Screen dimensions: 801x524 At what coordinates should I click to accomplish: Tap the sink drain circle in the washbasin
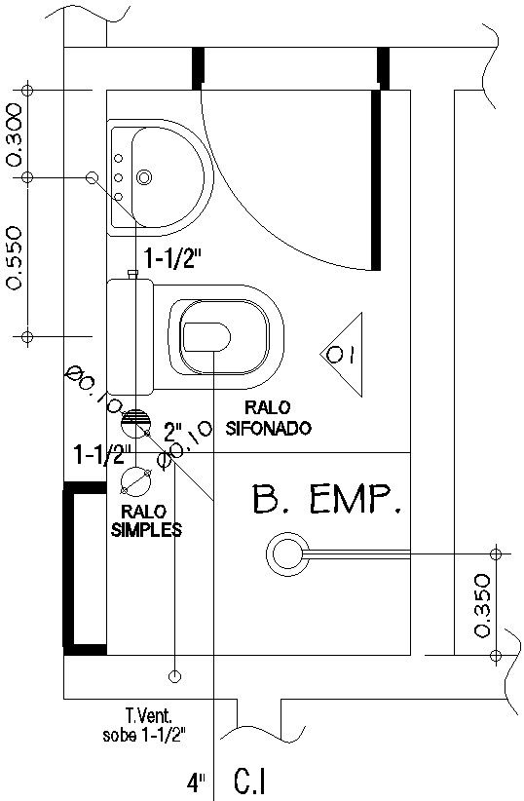coord(144,177)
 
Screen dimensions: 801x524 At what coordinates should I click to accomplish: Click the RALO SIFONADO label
coord(267,418)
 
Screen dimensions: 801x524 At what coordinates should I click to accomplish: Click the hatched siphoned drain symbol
coord(135,422)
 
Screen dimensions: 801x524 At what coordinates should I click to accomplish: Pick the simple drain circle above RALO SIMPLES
coord(134,480)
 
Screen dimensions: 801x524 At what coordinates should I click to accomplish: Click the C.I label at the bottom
coord(250,782)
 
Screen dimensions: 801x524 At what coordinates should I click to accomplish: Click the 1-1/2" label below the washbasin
coord(172,259)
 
